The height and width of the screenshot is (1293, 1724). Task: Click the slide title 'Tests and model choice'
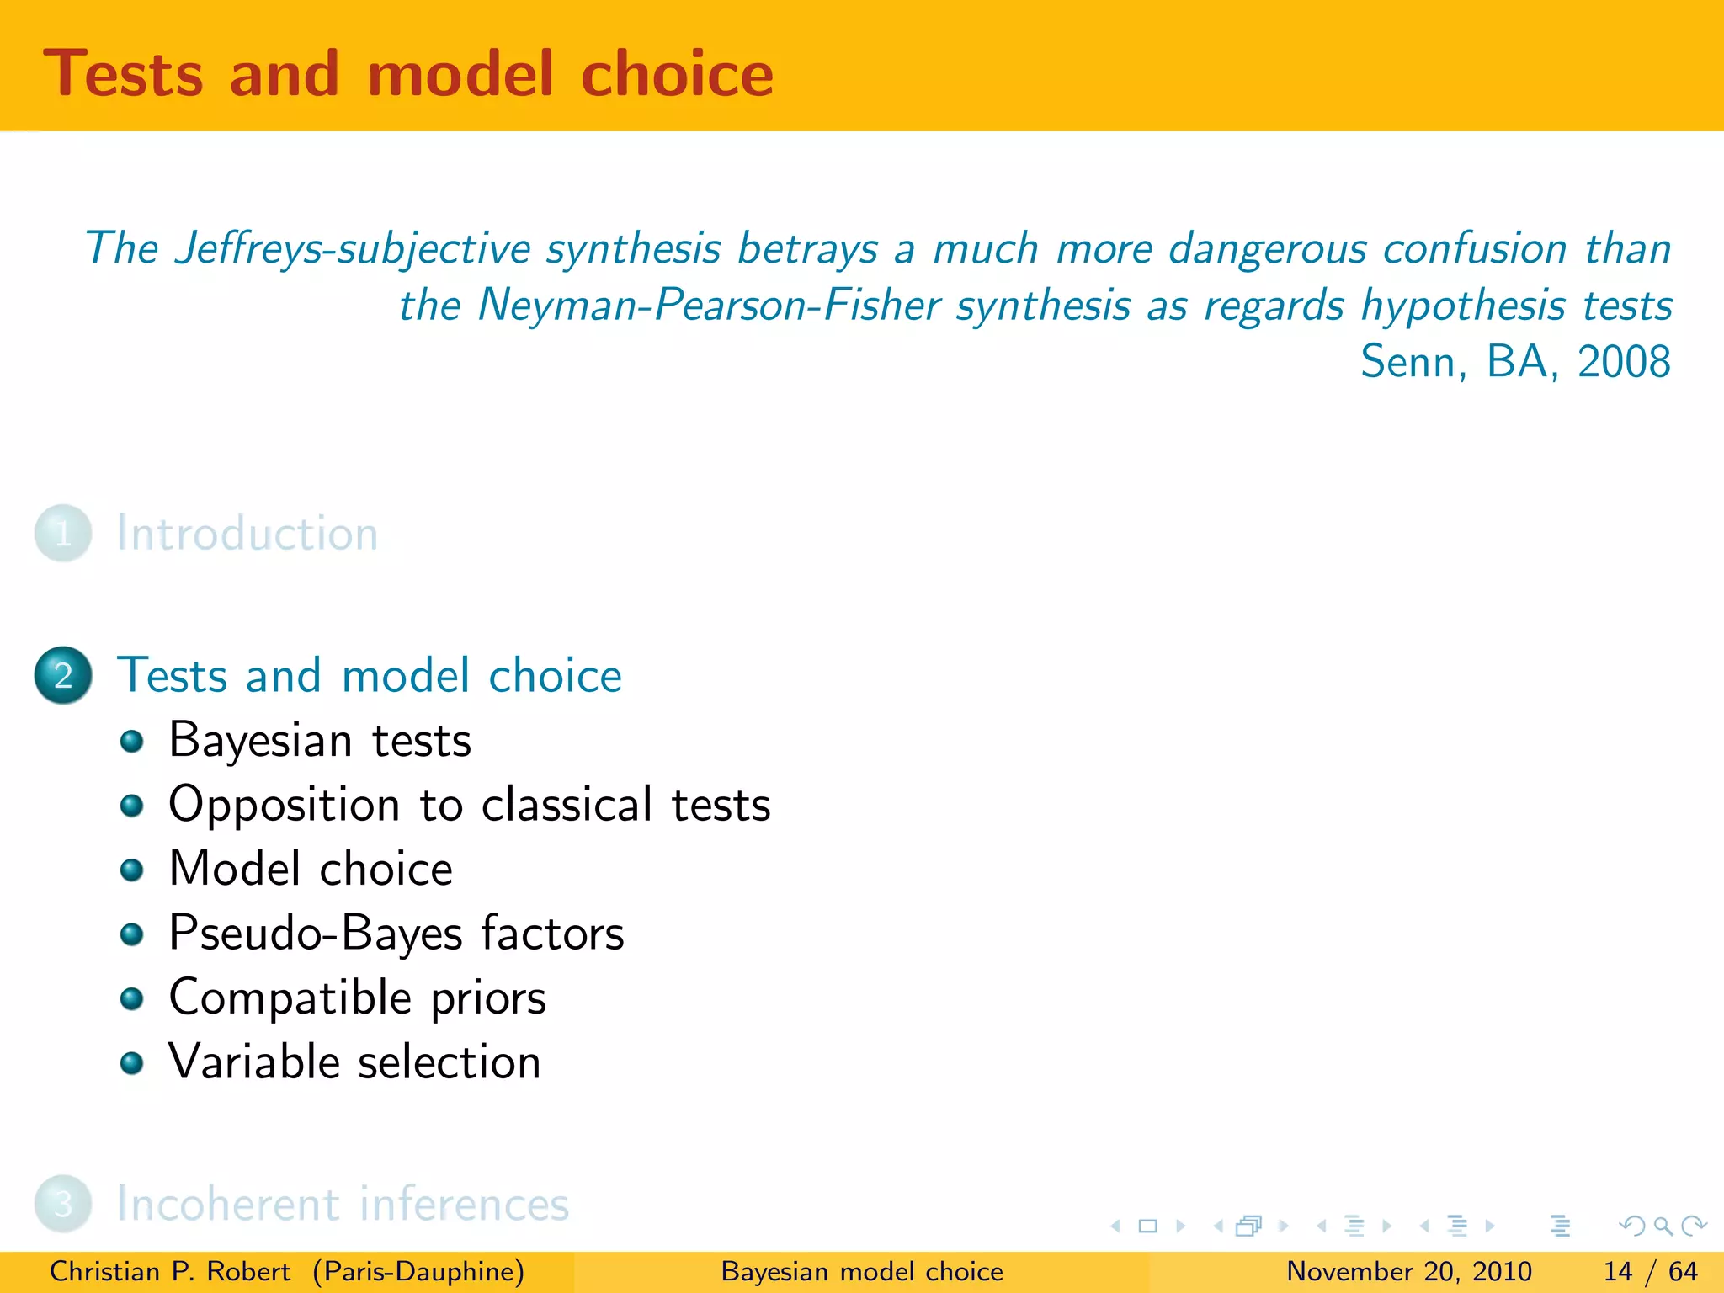408,74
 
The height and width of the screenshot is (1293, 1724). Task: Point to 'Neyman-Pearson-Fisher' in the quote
709,306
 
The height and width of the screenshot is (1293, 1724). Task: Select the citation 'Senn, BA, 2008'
1514,362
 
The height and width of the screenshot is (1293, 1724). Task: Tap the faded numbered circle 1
63,534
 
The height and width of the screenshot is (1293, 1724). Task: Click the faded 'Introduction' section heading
247,534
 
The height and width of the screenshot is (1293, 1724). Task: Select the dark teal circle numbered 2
63,675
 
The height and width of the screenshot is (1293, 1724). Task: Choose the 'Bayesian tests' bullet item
320,741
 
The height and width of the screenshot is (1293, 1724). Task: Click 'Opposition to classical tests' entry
469,805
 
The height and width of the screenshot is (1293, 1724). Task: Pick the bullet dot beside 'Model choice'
131,870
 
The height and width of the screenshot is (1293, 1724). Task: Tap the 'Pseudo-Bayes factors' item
396,934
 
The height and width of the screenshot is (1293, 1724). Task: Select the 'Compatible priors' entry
357,998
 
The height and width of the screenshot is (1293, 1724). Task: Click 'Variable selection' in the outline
354,1062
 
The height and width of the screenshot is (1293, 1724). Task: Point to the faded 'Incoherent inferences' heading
343,1204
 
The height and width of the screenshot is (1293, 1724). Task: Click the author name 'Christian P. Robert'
170,1271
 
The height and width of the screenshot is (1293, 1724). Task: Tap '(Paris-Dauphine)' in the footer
418,1271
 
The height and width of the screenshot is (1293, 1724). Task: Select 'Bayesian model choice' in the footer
862,1271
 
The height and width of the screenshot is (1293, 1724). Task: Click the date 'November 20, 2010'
1408,1271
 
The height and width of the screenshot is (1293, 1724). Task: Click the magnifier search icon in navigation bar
1663,1226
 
